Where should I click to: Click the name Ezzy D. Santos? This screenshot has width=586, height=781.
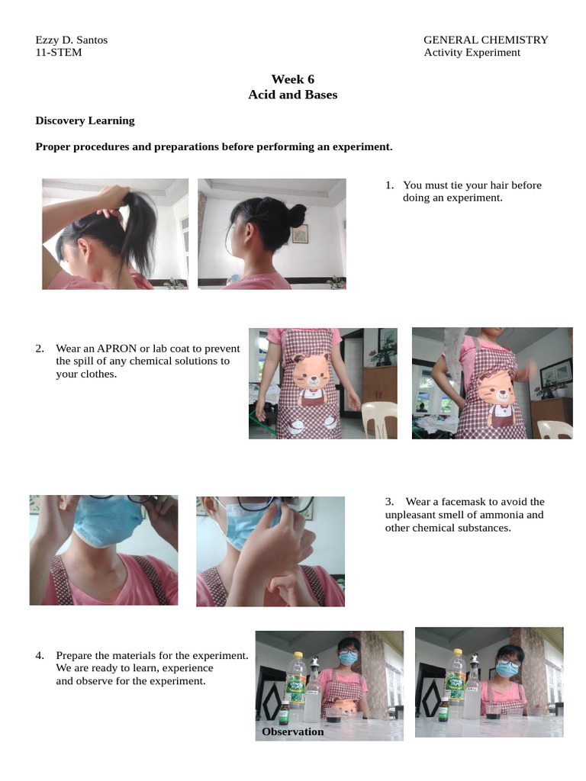(x=72, y=40)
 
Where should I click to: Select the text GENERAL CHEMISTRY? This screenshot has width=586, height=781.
(x=485, y=40)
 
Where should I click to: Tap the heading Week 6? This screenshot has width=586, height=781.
(x=292, y=79)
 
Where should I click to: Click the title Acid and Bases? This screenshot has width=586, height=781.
(x=292, y=95)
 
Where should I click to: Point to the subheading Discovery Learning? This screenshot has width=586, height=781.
(x=85, y=121)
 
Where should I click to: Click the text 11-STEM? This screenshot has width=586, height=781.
(x=59, y=53)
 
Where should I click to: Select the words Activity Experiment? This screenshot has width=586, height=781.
(x=472, y=53)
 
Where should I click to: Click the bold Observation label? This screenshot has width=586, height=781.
(x=292, y=731)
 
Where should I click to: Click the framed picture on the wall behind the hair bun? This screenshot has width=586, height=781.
(x=299, y=233)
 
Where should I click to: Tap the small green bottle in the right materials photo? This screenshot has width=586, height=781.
(x=443, y=710)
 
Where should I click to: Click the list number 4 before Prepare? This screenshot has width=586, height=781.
(x=39, y=655)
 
